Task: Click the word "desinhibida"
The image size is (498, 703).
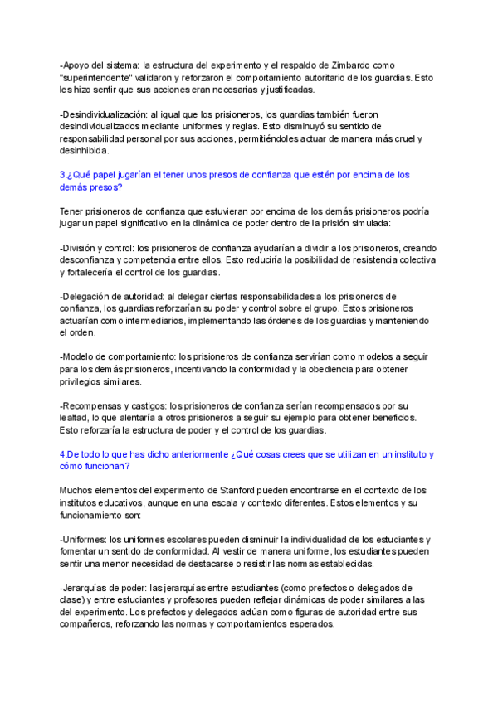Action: click(x=86, y=152)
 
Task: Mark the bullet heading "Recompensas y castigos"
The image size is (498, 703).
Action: click(x=114, y=406)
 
